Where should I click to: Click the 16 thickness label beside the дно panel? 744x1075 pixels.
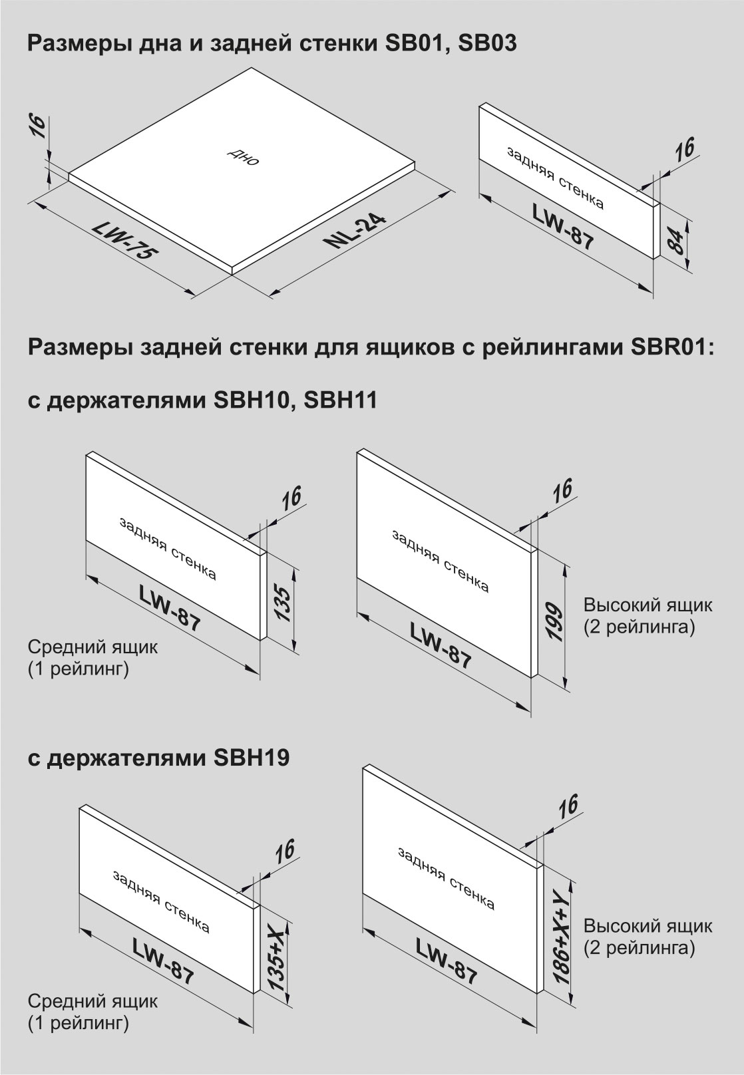[x=39, y=126]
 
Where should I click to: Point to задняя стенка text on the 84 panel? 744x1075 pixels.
[x=555, y=178]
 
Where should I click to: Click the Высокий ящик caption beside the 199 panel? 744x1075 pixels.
[x=648, y=605]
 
